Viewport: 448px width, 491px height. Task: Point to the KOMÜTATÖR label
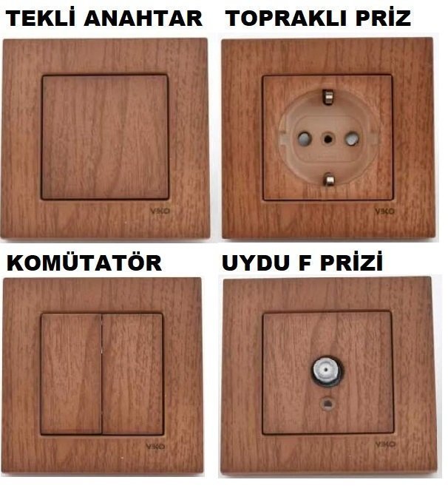[84, 263]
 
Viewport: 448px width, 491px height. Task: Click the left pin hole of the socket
[302, 138]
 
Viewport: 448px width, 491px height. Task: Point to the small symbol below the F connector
[325, 404]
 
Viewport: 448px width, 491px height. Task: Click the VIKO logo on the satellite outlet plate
[385, 444]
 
